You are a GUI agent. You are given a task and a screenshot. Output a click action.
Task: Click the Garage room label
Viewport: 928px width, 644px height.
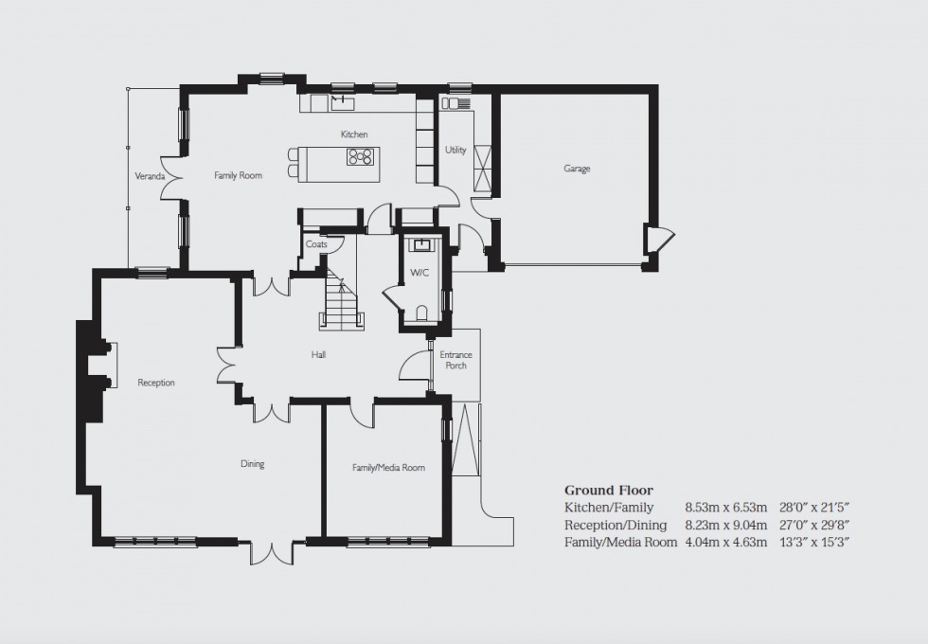pos(577,169)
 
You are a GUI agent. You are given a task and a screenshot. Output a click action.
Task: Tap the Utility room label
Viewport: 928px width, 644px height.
pos(455,150)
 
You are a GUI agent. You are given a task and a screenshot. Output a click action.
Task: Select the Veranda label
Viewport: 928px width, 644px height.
pos(150,176)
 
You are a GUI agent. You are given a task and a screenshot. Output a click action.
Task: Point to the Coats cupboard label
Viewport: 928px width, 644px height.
pos(315,244)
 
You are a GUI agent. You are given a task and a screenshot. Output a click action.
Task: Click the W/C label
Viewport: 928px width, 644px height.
pos(419,273)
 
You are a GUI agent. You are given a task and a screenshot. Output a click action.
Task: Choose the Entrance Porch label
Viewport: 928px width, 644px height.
pos(455,360)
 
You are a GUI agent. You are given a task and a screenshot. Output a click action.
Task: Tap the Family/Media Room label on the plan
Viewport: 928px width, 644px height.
pos(388,467)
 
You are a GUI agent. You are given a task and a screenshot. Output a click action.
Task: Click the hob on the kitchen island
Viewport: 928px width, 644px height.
pos(360,157)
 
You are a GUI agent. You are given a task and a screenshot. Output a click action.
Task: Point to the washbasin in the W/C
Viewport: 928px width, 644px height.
pos(420,246)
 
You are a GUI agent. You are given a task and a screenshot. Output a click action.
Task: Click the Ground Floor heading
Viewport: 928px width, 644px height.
pos(609,490)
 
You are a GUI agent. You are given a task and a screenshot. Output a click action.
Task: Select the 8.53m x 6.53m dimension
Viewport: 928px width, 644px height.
pos(726,508)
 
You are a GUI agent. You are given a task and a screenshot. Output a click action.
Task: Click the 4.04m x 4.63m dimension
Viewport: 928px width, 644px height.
pos(726,543)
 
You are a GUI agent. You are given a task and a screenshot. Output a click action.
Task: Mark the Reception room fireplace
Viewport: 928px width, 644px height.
pos(104,365)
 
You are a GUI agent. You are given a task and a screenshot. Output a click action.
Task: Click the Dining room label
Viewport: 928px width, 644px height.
pos(252,464)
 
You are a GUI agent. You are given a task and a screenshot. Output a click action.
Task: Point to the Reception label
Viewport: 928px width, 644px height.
pos(156,383)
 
